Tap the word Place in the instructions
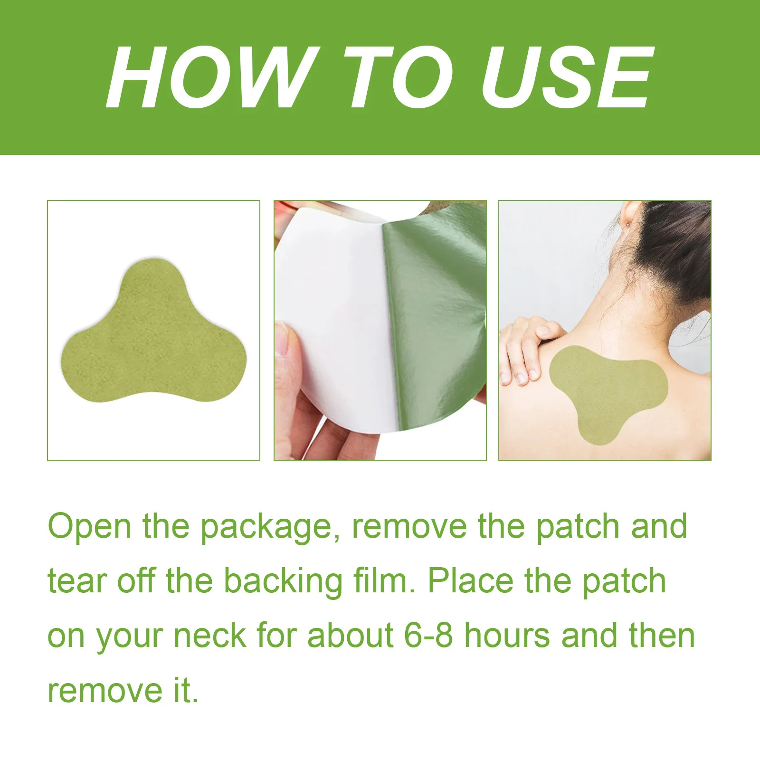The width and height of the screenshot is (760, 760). point(471,581)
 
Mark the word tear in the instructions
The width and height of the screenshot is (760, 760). point(77,582)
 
